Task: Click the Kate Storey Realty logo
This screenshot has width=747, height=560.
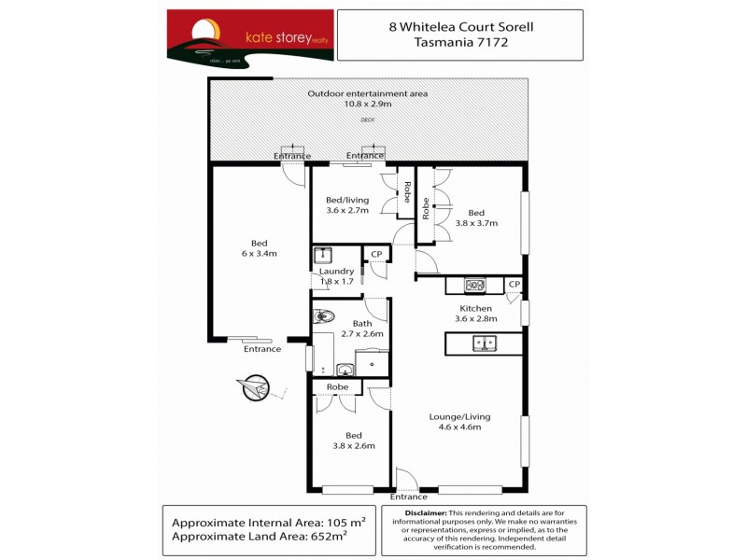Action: click(x=249, y=36)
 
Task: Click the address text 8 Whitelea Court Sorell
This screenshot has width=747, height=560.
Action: click(x=459, y=27)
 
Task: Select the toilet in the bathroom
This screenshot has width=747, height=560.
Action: click(x=323, y=315)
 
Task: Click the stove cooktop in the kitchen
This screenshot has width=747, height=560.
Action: click(x=474, y=286)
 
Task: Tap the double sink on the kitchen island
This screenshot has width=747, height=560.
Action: click(x=485, y=344)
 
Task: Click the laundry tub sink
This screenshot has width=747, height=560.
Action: click(x=324, y=255)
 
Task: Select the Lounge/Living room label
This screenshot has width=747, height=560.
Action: click(x=459, y=422)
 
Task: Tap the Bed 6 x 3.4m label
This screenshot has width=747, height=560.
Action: click(x=259, y=247)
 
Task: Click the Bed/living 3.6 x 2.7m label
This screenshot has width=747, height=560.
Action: click(x=347, y=205)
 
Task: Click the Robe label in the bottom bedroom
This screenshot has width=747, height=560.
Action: click(x=337, y=386)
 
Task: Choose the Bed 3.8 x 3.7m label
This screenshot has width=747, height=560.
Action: click(x=476, y=217)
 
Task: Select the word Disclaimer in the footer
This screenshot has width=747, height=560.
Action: click(x=424, y=513)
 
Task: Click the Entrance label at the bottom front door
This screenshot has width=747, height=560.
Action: click(x=409, y=497)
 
